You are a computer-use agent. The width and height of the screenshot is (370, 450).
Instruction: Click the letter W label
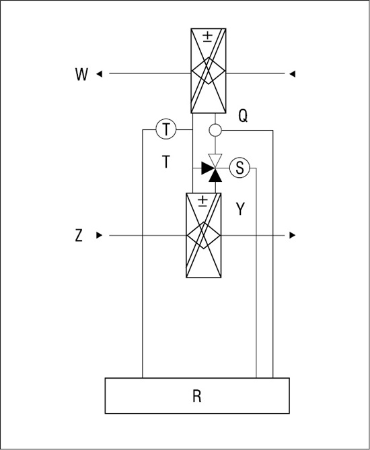81,74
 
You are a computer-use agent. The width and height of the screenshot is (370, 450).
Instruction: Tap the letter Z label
79,235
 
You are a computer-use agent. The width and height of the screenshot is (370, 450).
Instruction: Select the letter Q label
243,117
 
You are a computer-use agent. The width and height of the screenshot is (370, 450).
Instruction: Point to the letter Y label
240,209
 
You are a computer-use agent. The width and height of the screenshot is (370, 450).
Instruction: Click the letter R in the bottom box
197,396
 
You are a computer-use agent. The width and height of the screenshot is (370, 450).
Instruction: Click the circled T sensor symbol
166,129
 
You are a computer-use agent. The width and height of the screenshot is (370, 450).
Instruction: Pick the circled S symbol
240,168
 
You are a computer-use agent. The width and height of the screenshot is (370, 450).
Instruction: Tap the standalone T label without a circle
166,161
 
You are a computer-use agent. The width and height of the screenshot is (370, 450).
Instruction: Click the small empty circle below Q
215,130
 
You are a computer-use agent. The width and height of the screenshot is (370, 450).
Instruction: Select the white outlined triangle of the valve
215,160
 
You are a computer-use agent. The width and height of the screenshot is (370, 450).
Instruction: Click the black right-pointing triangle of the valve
207,168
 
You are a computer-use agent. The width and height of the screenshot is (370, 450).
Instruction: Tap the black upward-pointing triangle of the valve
215,176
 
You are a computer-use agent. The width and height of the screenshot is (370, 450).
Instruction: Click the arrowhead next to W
99,74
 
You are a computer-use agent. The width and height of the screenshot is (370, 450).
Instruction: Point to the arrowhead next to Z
99,235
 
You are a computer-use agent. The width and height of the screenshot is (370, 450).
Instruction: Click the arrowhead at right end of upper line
293,74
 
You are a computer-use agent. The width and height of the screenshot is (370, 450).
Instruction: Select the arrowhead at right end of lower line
293,235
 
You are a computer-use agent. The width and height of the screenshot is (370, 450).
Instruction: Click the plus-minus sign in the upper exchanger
208,37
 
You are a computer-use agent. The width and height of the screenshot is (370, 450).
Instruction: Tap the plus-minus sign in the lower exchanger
203,201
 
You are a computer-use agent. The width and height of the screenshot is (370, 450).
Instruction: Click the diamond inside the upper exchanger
209,71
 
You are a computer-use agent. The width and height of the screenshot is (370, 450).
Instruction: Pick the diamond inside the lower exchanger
203,235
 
